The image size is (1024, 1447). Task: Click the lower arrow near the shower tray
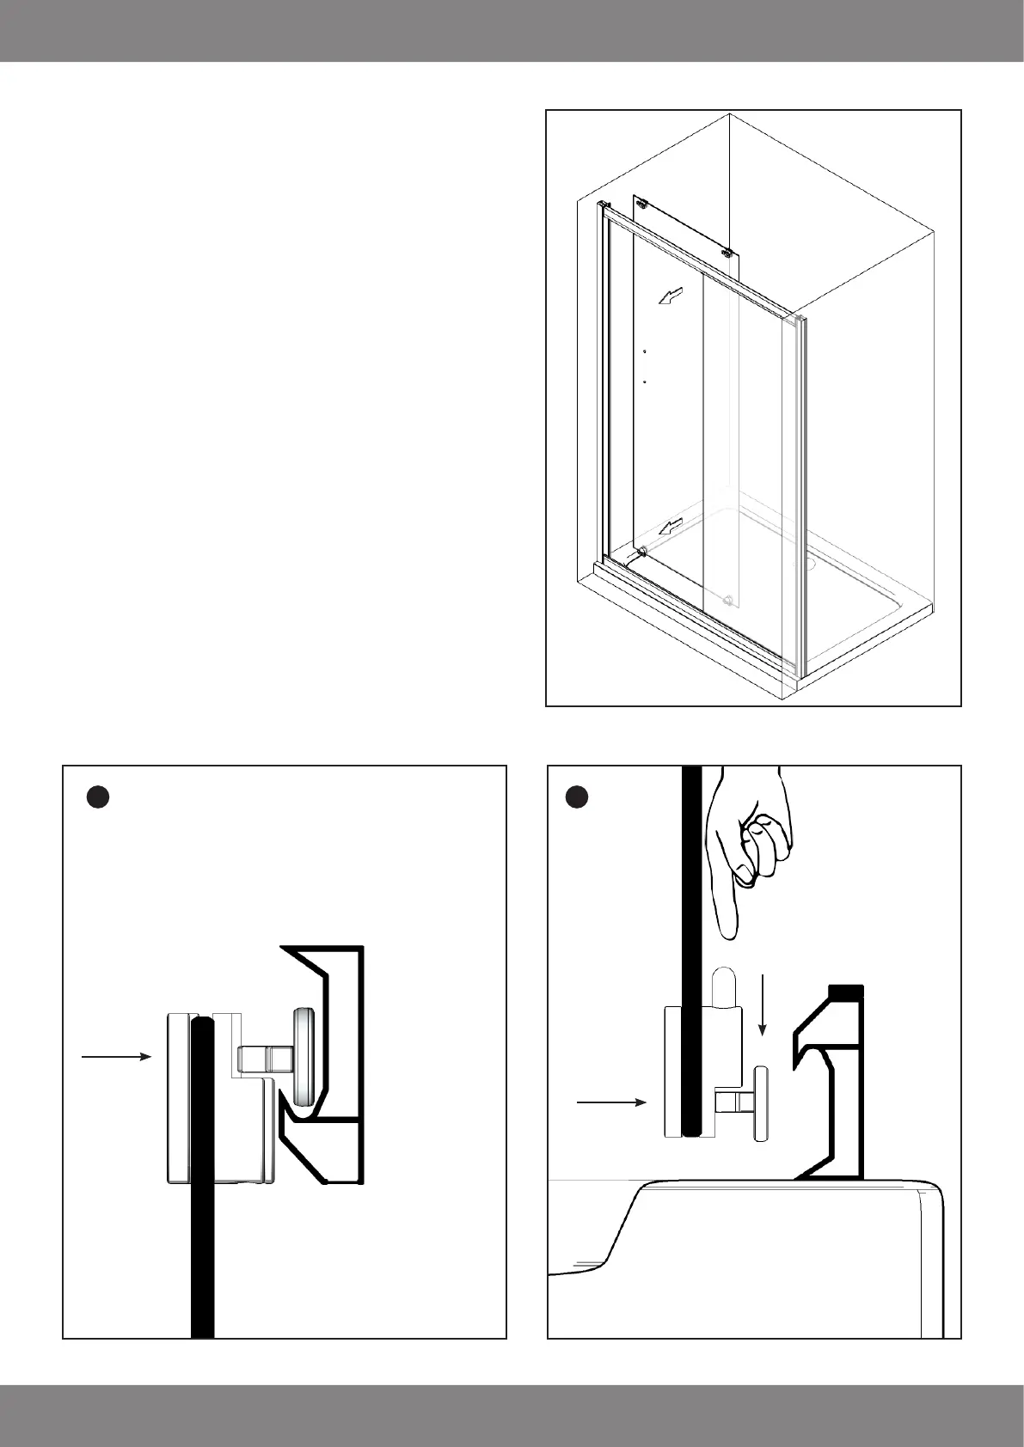671,526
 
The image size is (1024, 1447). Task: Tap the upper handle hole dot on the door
644,351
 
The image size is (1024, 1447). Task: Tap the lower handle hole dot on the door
644,380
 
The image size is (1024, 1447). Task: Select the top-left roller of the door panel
641,203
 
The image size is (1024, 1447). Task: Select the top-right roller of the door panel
727,253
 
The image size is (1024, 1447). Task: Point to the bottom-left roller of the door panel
641,553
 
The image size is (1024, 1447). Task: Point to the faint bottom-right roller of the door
728,599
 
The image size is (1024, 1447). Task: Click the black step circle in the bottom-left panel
98,797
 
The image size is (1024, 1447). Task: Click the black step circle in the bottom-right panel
577,797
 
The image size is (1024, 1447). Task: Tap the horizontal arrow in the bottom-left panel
116,1056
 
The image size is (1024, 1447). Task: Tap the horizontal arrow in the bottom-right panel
610,1101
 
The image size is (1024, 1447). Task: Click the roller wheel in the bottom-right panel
761,1103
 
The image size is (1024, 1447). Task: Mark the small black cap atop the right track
845,992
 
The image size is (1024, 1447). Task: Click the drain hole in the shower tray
809,565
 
